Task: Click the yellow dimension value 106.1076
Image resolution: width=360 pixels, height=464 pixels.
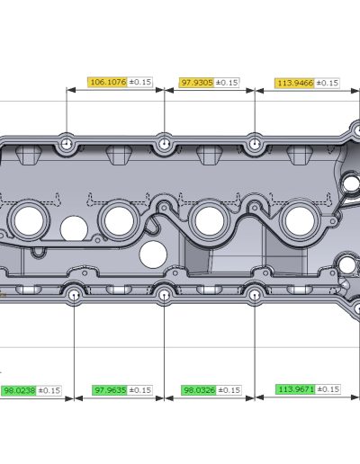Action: tap(108, 82)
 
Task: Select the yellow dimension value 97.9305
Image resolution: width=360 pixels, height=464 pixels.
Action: tap(196, 83)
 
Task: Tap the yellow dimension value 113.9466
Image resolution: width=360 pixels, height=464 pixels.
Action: tap(294, 83)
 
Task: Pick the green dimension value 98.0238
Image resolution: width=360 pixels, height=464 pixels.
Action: tap(19, 390)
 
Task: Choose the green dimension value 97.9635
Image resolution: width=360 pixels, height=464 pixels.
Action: tap(110, 390)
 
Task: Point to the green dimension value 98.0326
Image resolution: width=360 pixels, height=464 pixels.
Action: tap(199, 390)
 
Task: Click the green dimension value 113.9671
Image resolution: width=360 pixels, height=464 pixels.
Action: tap(295, 389)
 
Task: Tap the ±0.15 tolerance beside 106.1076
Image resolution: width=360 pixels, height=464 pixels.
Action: tap(140, 82)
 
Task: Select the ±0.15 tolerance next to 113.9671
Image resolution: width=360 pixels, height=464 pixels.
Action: tap(328, 389)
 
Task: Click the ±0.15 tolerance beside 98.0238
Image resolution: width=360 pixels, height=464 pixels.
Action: tap(49, 390)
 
